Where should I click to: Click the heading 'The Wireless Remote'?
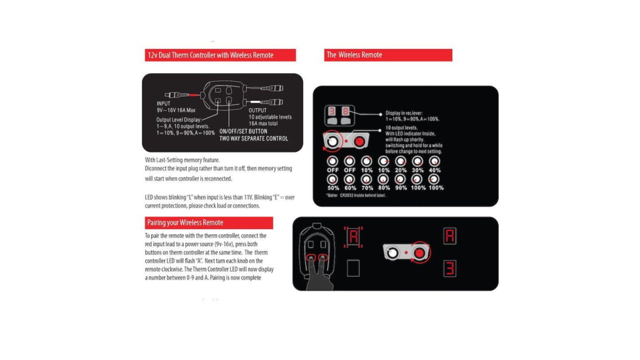coord(354,55)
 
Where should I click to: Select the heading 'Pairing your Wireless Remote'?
coord(185,223)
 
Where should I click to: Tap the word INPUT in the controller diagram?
coord(164,103)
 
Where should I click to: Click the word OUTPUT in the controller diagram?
coord(259,110)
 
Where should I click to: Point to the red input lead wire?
coord(192,95)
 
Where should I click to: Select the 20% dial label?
coord(400,171)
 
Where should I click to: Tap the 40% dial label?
coord(435,171)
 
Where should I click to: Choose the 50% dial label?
coord(332,188)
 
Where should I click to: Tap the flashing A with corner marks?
coord(353,236)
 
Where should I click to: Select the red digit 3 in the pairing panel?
coord(450,268)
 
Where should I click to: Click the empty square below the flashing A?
coord(353,268)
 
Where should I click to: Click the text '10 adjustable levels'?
coord(270,117)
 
